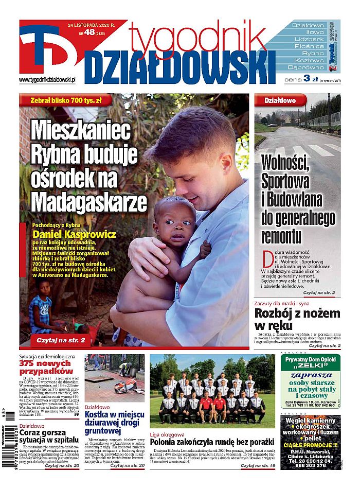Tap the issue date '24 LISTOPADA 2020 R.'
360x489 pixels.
click(92, 24)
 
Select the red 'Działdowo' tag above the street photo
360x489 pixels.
click(280, 100)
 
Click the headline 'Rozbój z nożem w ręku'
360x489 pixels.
click(297, 320)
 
